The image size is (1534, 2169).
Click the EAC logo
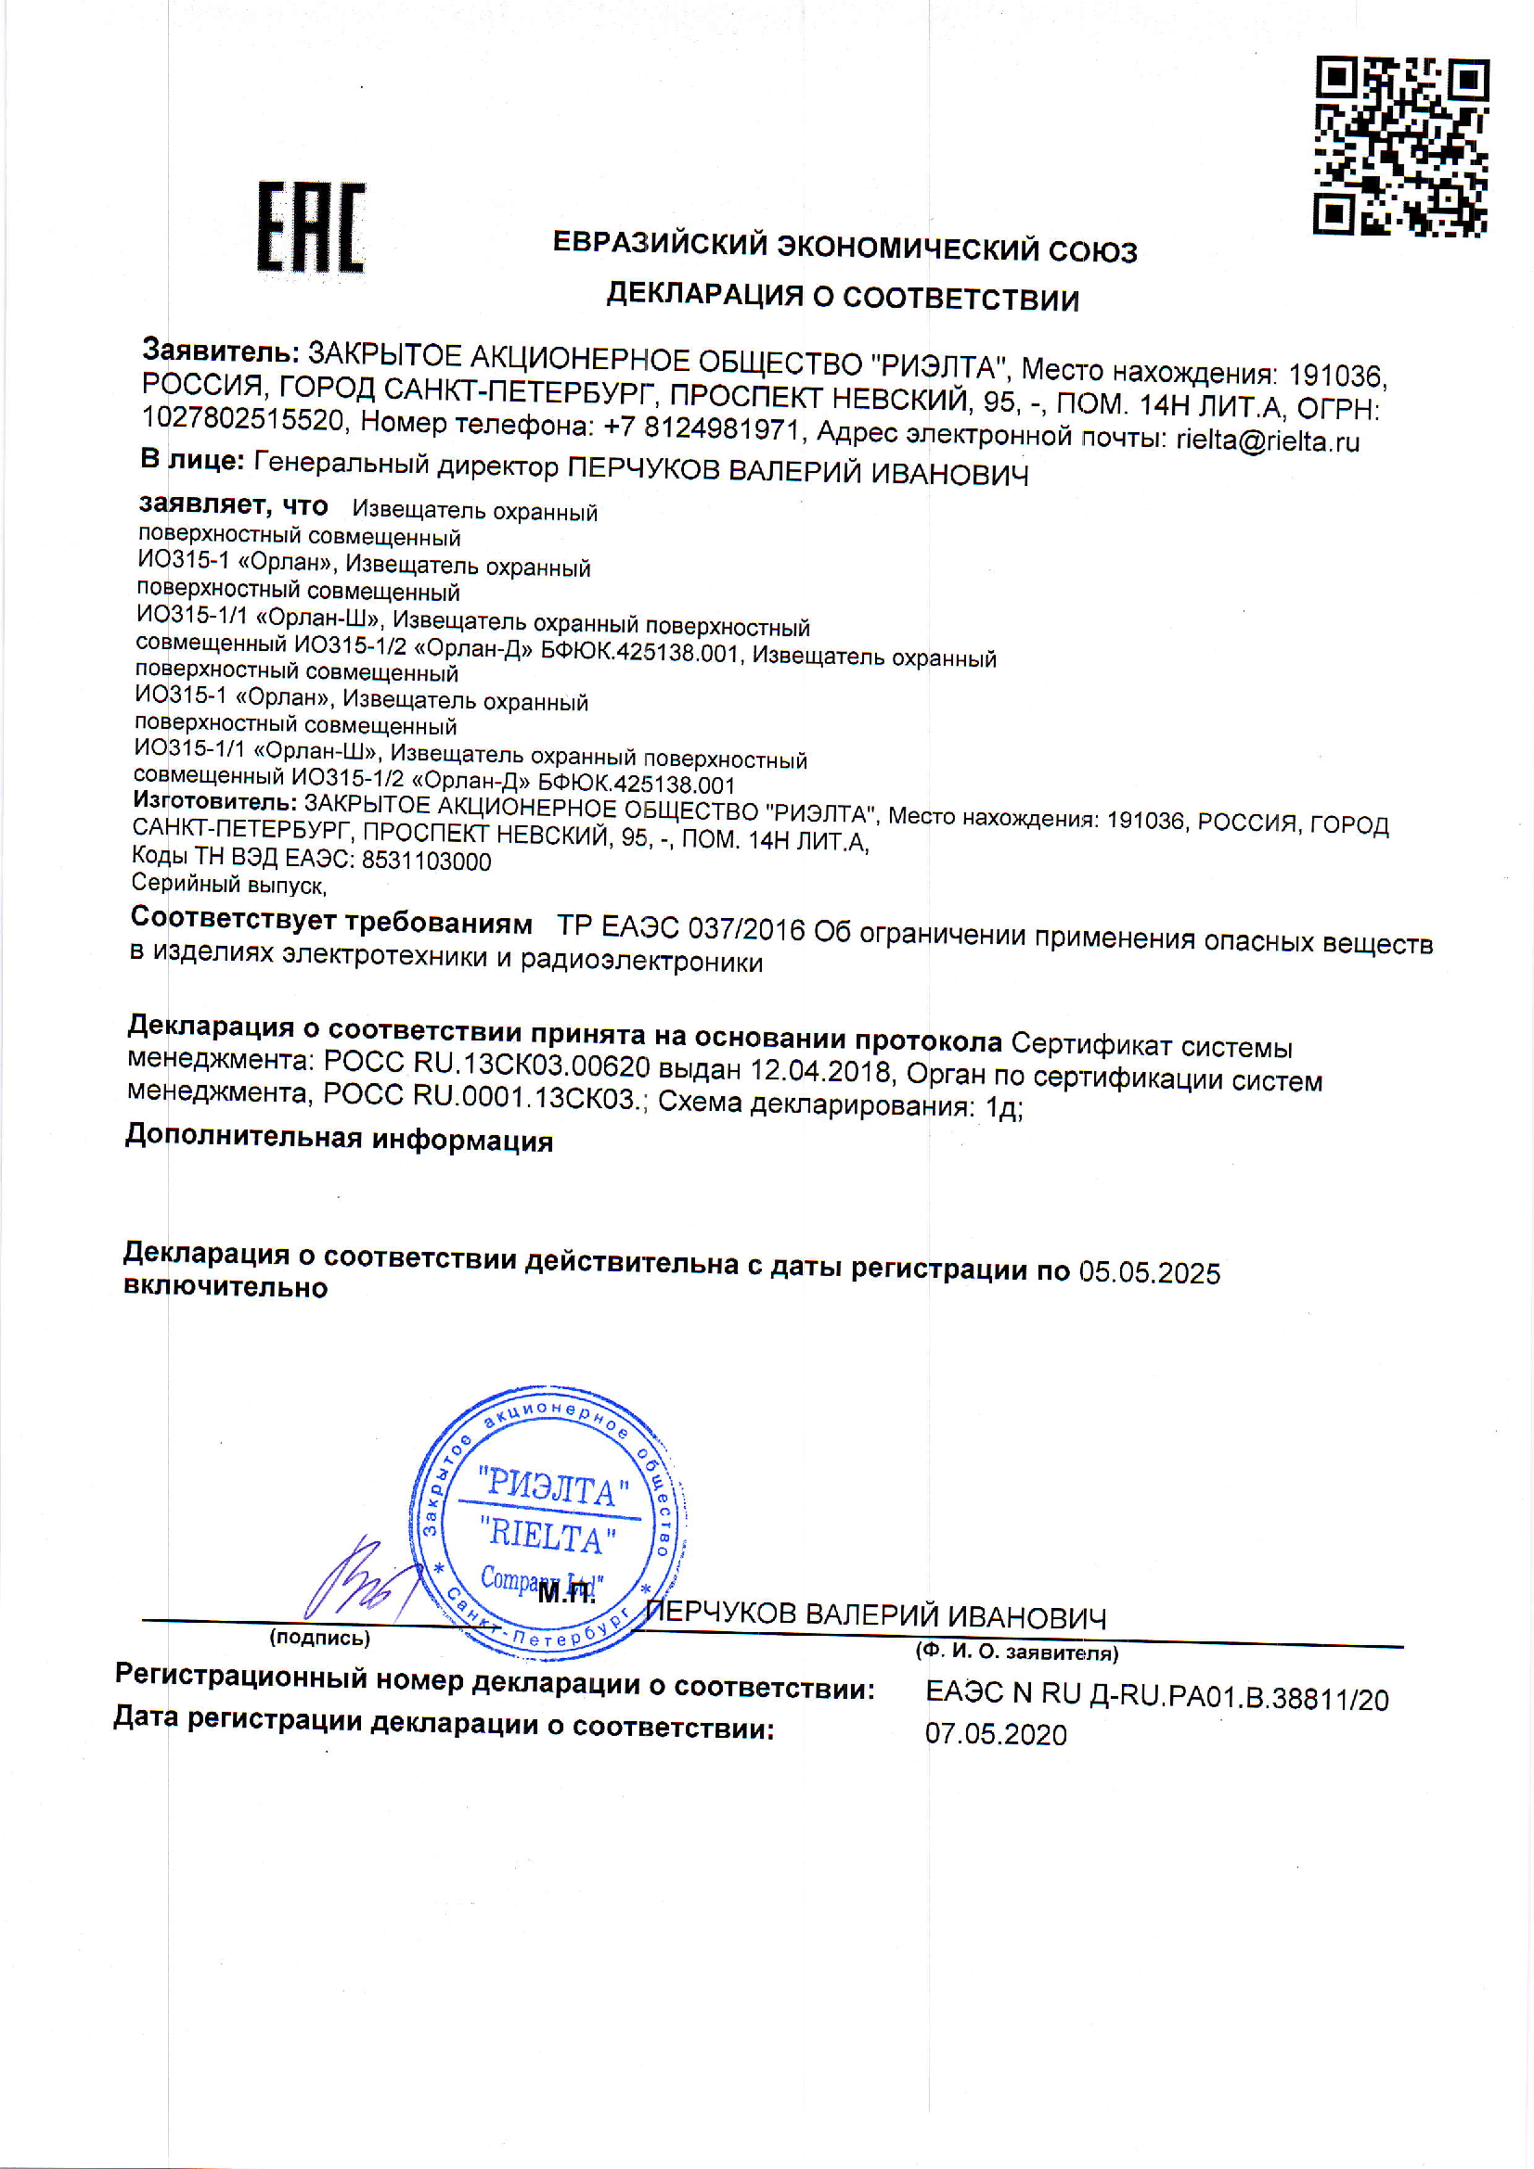pyautogui.click(x=311, y=228)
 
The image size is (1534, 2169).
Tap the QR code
pyautogui.click(x=1400, y=146)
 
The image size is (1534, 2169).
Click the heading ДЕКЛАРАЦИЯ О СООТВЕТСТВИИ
pyautogui.click(x=842, y=297)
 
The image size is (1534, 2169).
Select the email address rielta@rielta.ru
pyautogui.click(x=1268, y=441)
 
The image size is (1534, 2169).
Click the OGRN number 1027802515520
pyautogui.click(x=243, y=417)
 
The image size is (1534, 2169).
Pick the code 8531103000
pyautogui.click(x=426, y=861)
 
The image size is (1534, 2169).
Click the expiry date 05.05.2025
pyautogui.click(x=1149, y=1272)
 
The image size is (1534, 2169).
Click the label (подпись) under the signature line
pyautogui.click(x=319, y=1638)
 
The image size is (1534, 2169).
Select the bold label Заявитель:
pyautogui.click(x=220, y=351)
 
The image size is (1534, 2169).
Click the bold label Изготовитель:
pyautogui.click(x=214, y=801)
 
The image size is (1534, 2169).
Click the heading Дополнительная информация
pyautogui.click(x=340, y=1138)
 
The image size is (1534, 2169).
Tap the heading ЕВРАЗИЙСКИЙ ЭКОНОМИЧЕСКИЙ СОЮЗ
pyautogui.click(x=844, y=247)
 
